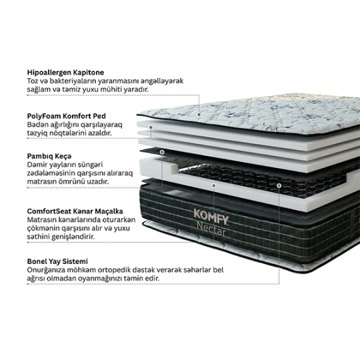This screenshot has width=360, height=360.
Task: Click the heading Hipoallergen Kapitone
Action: pyautogui.click(x=65, y=73)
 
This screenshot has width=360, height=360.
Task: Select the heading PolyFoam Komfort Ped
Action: pyautogui.click(x=67, y=116)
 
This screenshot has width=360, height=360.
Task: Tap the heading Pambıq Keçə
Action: pyautogui.click(x=49, y=157)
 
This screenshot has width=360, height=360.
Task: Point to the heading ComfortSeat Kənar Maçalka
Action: pyautogui.click(x=75, y=211)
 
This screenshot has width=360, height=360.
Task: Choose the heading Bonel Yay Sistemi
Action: pyautogui.click(x=57, y=261)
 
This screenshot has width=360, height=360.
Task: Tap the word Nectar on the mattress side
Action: pyautogui.click(x=211, y=231)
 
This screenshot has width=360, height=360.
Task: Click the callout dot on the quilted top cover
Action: pyautogui.click(x=199, y=115)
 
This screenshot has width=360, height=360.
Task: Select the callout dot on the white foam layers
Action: pyautogui.click(x=151, y=127)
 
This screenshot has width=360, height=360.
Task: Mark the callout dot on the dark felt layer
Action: pyautogui.click(x=162, y=152)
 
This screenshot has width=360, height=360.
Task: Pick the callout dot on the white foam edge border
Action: pyautogui.click(x=214, y=185)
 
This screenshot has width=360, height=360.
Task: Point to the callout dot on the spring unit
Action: pyautogui.click(x=279, y=185)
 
